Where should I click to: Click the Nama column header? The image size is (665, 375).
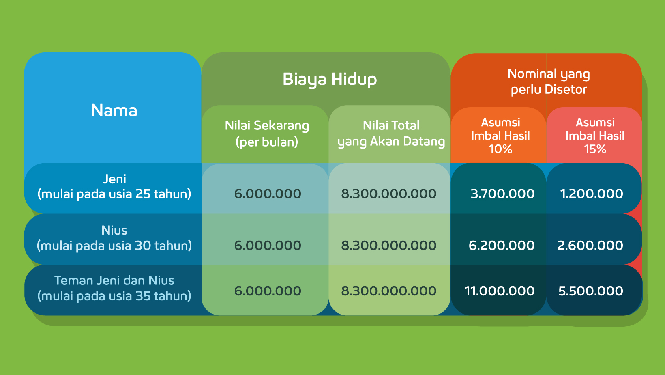coord(114,110)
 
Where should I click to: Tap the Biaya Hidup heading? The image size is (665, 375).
coord(330,80)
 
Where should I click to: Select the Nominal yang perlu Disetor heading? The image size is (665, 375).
coord(549,82)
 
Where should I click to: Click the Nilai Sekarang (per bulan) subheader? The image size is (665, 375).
coord(266,134)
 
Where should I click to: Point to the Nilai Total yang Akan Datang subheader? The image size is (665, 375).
coord(391,134)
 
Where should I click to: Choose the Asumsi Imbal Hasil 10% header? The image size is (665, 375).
coord(500,136)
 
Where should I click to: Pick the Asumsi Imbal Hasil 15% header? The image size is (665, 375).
coord(595,136)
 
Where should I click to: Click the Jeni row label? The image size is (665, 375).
coord(114,187)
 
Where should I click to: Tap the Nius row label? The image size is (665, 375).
coord(114,238)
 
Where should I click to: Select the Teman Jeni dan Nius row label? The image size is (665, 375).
coord(114,288)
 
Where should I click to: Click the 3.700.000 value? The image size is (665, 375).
coord(502,194)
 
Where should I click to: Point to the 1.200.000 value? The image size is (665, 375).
coord(591,194)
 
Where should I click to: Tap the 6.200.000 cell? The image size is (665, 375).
coord(502,246)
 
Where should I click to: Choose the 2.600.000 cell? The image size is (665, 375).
coord(590,246)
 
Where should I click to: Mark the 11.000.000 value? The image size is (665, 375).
coord(499,291)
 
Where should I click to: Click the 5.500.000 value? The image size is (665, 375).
coord(590,291)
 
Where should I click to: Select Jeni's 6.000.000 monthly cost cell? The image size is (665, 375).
coord(268,194)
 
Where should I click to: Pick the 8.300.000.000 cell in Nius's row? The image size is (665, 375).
coord(388,246)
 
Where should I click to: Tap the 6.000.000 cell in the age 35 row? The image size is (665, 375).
coord(268,291)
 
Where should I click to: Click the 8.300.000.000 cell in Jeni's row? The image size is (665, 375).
coord(388,194)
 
